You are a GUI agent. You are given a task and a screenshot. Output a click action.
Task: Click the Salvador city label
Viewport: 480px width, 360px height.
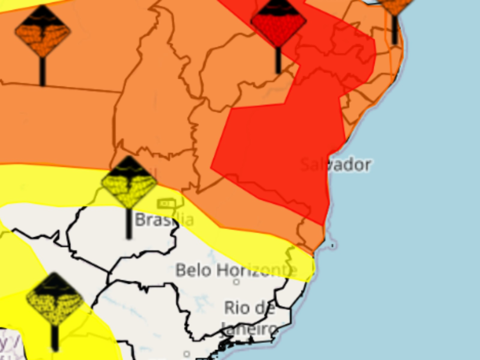tap(336, 164)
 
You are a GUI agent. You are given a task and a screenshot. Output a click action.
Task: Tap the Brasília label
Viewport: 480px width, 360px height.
tap(164, 220)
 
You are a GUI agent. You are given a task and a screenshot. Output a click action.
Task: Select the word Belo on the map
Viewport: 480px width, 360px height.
tap(194, 270)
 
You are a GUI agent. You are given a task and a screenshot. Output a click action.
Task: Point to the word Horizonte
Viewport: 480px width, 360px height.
tap(257, 270)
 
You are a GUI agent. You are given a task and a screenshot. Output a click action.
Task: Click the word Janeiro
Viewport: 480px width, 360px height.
tap(249, 329)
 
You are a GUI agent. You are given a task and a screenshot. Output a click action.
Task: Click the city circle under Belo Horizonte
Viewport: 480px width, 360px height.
tap(236, 282)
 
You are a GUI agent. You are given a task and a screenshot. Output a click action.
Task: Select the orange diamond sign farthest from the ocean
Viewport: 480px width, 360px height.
tap(42, 31)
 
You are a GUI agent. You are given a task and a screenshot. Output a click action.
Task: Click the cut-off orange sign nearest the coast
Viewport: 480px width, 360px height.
tap(395, 5)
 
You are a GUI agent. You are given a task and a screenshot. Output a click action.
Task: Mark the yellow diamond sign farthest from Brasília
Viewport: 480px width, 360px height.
tap(55, 299)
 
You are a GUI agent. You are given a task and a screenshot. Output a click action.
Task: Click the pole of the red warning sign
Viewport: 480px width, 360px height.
tap(278, 61)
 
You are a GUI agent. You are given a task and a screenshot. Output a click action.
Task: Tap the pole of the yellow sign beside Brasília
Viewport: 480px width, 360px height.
tap(129, 223)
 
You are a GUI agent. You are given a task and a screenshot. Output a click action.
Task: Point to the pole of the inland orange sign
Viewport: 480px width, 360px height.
tap(42, 72)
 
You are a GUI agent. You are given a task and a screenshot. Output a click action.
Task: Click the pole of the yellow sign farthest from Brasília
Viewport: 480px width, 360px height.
tap(55, 338)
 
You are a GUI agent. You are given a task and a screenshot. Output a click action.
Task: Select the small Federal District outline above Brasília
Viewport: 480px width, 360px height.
tap(166, 203)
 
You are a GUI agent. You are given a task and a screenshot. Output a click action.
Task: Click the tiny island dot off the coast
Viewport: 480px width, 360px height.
tap(332, 246)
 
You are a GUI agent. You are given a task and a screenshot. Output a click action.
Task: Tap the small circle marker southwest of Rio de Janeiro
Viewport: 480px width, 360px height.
tap(187, 353)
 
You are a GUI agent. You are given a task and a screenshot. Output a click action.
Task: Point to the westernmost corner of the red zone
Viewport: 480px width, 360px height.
tap(211, 168)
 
